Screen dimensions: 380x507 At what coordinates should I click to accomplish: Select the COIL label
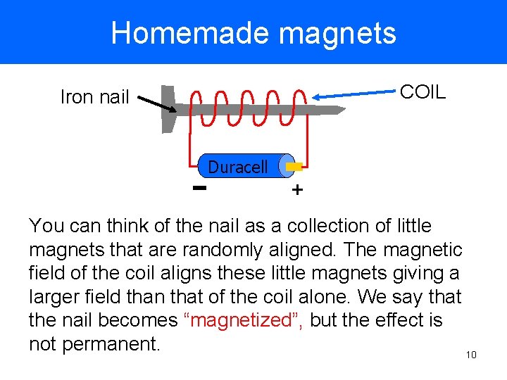click(x=423, y=92)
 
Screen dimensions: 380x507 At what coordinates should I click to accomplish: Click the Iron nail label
click(x=94, y=97)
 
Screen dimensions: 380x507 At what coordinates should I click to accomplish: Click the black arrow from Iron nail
click(x=156, y=104)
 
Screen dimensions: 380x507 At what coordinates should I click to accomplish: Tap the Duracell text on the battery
click(x=238, y=167)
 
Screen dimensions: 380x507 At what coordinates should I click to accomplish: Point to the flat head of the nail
click(x=168, y=108)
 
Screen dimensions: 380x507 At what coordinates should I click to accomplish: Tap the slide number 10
click(x=471, y=354)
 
